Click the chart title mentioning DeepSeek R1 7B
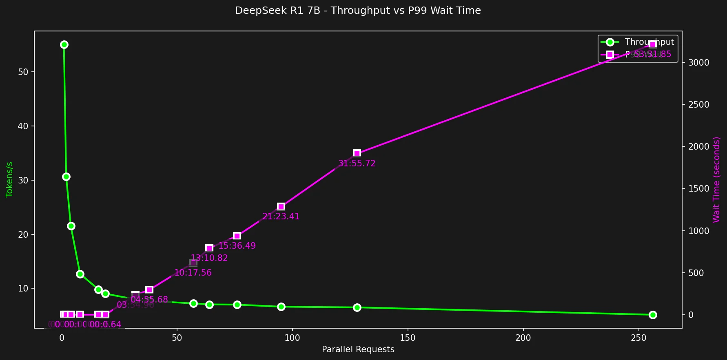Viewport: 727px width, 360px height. (358, 11)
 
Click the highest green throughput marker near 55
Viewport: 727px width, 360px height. (64, 44)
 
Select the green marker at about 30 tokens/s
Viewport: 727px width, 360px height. (66, 177)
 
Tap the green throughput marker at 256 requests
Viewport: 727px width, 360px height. (652, 315)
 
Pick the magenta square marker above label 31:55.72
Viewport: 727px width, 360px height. (357, 153)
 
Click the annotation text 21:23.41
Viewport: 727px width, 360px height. (281, 216)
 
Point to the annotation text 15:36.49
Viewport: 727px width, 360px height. (237, 246)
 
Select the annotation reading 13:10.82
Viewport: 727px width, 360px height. (209, 258)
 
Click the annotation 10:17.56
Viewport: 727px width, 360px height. (193, 273)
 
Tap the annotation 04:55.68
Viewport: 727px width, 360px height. (149, 300)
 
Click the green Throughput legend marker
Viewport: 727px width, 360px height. (610, 42)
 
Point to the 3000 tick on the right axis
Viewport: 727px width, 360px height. (698, 62)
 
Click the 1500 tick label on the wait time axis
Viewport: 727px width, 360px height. (698, 188)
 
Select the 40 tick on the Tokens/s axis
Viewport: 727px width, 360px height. (23, 126)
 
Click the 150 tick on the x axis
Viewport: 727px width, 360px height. (408, 338)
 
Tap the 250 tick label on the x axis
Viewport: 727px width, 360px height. (638, 338)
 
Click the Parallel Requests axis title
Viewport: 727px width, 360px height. (358, 349)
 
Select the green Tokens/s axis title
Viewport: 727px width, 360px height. (9, 179)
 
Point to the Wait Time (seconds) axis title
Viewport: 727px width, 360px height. (716, 179)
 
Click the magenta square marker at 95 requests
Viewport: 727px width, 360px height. (281, 206)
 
